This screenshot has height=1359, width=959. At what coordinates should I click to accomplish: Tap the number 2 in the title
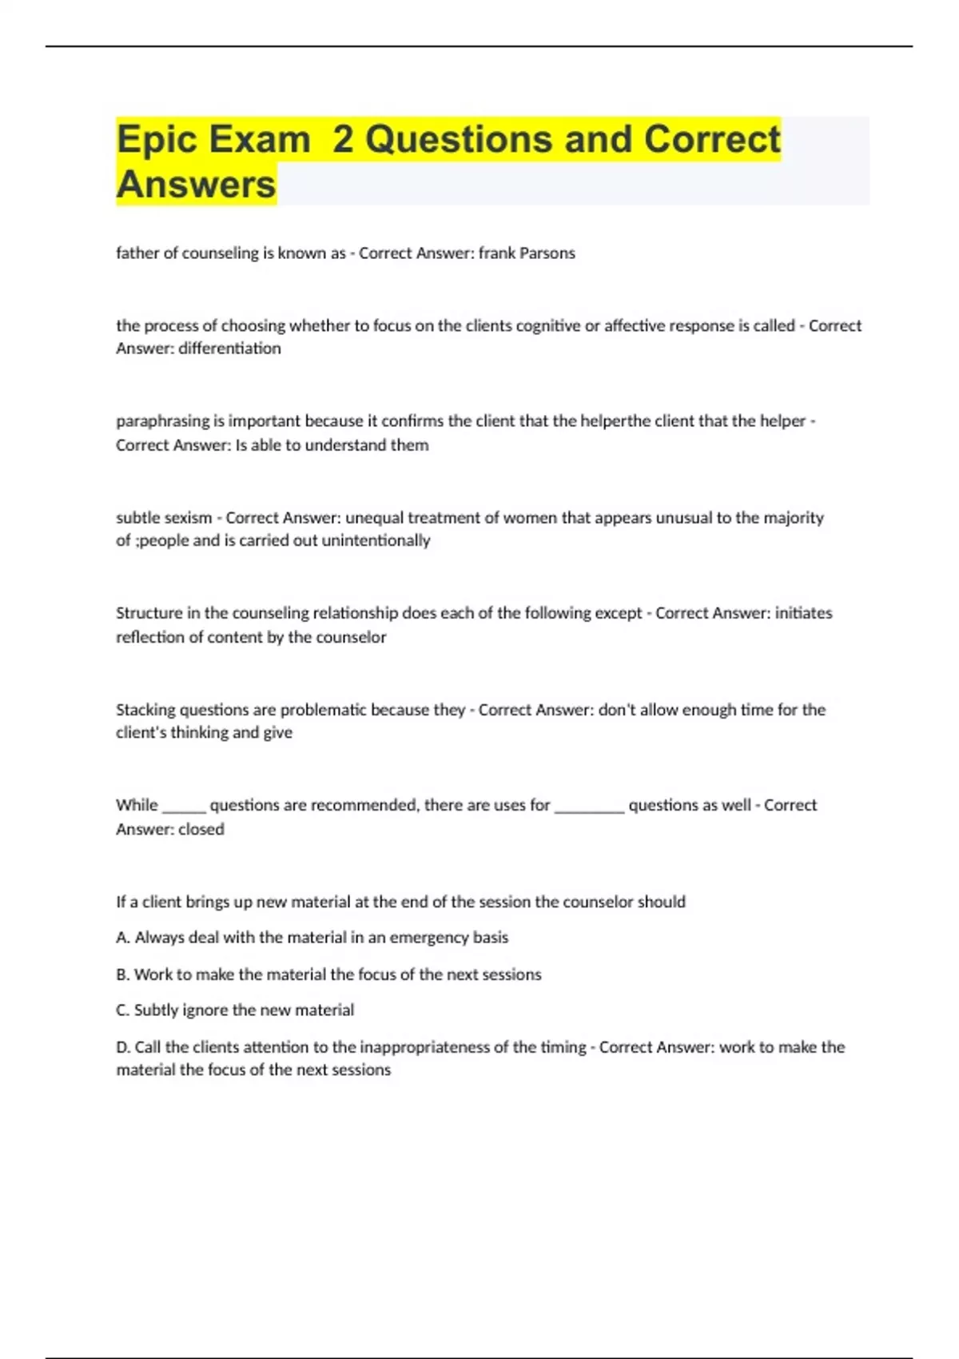(343, 140)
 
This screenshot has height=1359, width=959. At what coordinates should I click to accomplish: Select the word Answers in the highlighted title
(196, 185)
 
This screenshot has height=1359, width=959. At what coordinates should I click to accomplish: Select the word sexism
(188, 518)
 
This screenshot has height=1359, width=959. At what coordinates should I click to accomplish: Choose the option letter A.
(122, 938)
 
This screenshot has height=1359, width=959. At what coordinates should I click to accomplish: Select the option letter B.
(122, 974)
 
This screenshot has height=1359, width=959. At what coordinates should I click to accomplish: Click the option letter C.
(122, 1010)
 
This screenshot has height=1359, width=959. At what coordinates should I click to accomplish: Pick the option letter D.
(122, 1047)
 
